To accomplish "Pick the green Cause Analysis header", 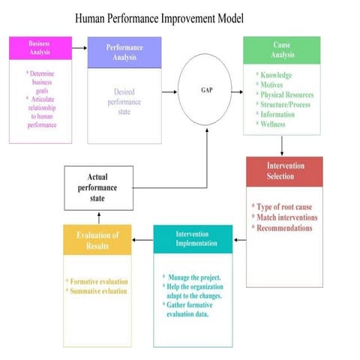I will point(281,49).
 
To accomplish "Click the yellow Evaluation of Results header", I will point(97,240).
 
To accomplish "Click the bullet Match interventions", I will point(286,217).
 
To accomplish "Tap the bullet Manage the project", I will point(194,277).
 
